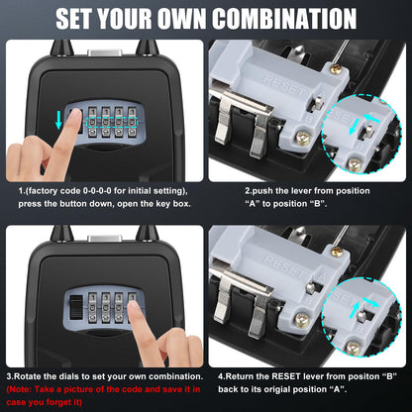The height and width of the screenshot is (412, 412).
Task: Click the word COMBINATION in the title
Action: click(282, 19)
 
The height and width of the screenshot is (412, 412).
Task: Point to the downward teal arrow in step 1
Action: click(59, 120)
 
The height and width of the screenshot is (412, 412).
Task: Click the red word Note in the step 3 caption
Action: click(23, 390)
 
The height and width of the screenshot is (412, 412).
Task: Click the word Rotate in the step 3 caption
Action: click(33, 376)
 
